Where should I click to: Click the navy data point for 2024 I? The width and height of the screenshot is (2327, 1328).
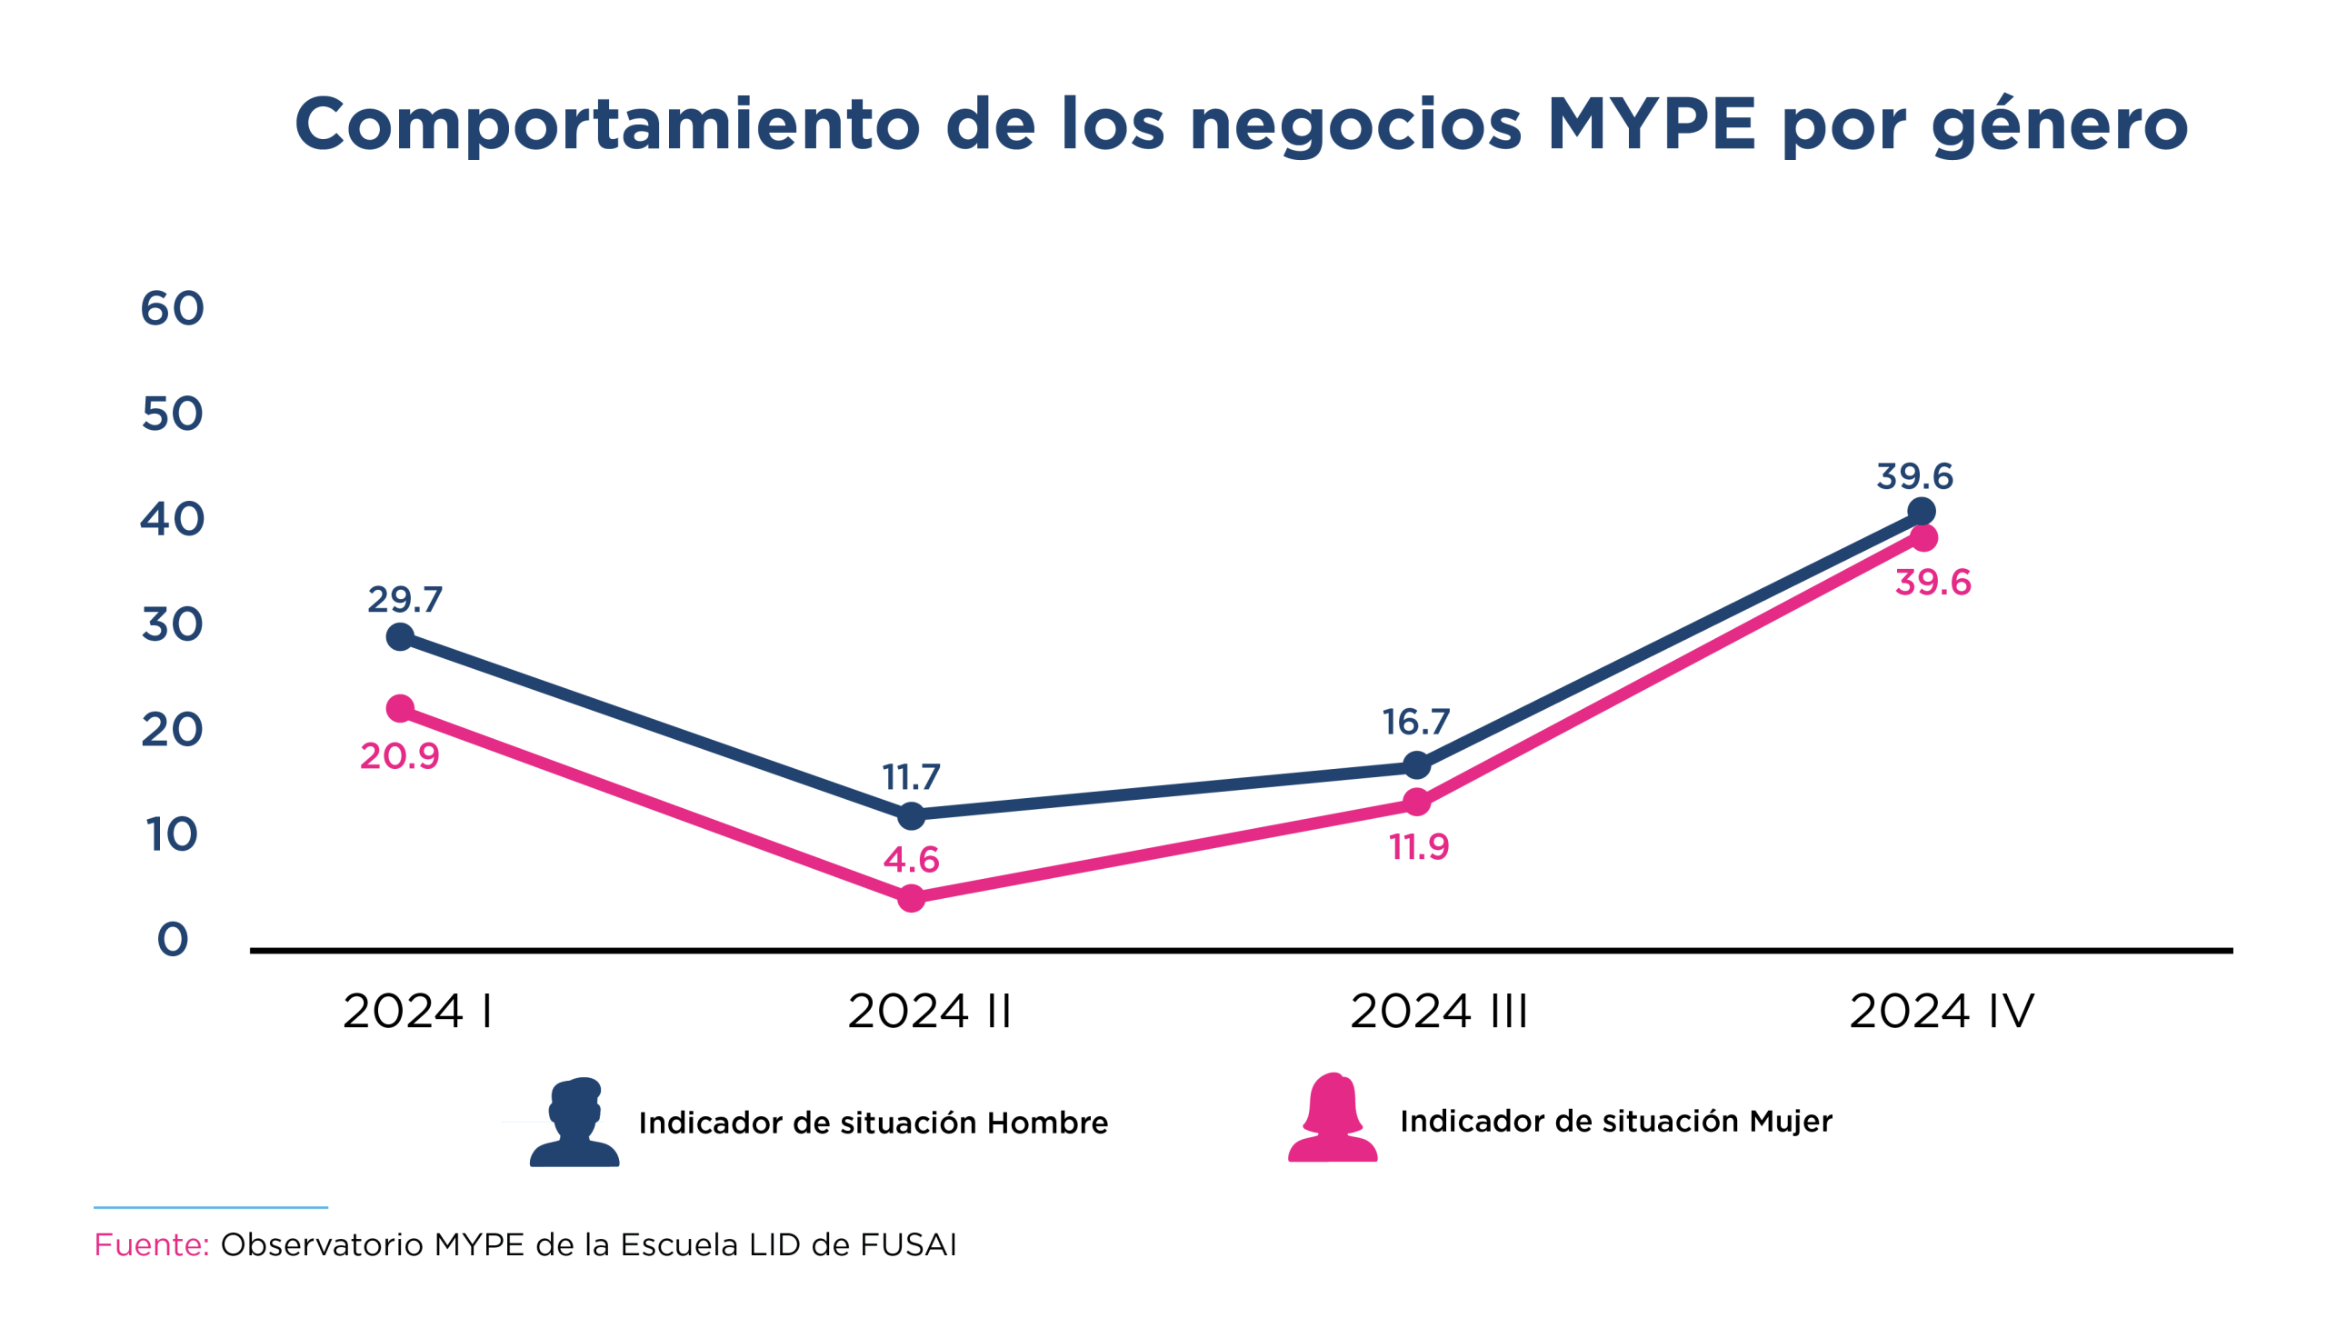point(400,636)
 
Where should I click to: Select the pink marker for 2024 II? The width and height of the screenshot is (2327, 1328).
point(911,898)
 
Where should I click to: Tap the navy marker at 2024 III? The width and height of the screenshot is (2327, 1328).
point(1416,765)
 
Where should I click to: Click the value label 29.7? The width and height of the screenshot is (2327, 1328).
point(404,599)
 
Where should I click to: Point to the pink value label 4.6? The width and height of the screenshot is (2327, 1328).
point(911,859)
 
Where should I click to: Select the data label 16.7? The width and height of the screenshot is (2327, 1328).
point(1415,723)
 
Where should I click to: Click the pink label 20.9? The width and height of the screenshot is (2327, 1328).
point(399,756)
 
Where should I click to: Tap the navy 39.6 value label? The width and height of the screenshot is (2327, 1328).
point(1914,476)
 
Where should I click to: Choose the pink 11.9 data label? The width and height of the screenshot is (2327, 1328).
point(1419,847)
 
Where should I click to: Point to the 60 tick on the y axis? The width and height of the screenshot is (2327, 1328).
point(172,308)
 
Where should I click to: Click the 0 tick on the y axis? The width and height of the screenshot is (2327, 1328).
point(173,940)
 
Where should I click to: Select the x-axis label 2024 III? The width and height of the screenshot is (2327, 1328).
point(1438,1012)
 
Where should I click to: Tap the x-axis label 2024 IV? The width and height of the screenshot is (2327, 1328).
point(1942,1012)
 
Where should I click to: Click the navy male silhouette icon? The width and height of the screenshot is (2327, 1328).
point(574,1123)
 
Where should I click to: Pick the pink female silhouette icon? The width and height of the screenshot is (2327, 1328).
point(1333,1118)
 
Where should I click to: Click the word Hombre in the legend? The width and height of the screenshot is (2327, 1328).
point(1047,1123)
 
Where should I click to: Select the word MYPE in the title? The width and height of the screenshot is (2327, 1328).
point(1652,124)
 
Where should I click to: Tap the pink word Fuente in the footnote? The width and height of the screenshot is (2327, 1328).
point(152,1245)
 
